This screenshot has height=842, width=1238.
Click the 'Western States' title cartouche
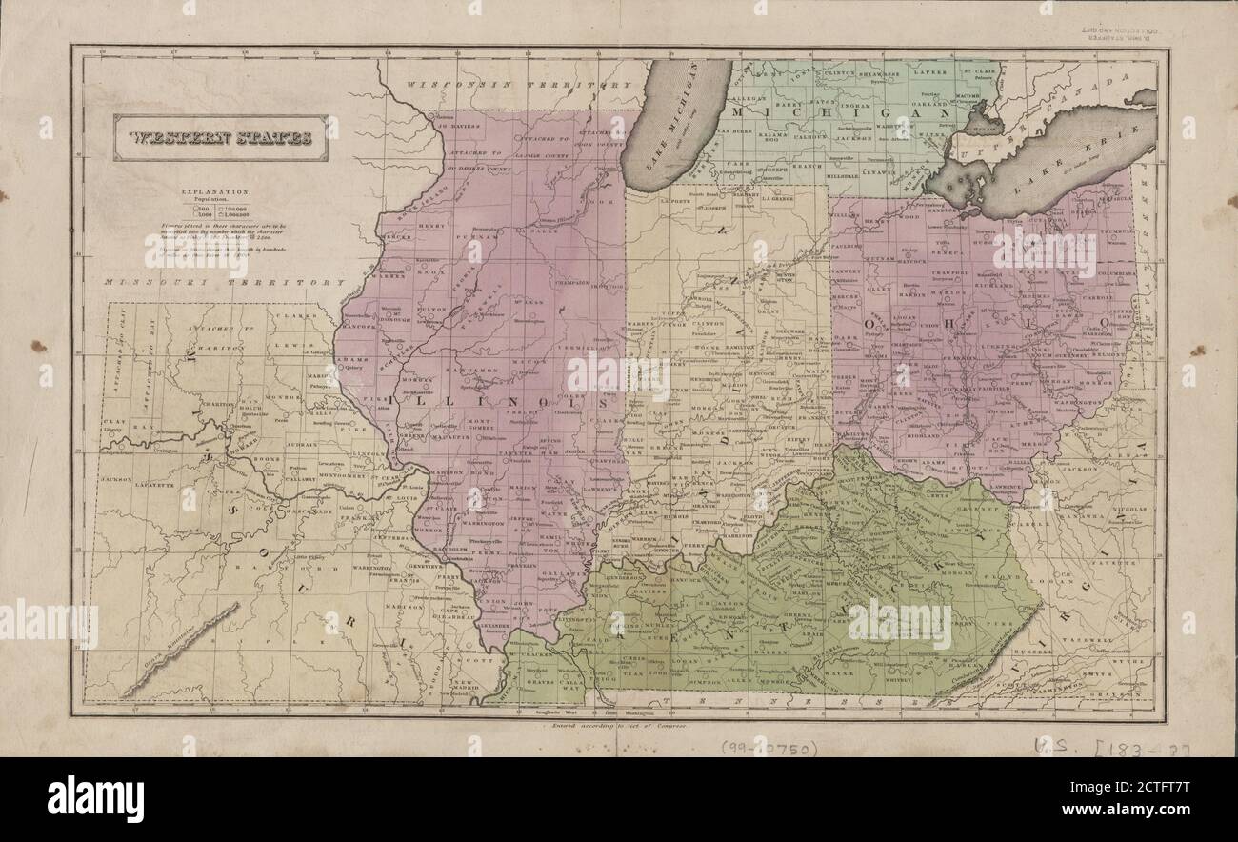point(220,137)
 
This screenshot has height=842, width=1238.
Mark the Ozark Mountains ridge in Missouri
point(180,649)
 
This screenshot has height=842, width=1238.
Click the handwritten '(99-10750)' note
point(769,748)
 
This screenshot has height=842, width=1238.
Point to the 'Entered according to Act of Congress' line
point(619,725)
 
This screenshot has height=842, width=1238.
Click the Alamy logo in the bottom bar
point(95,798)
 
